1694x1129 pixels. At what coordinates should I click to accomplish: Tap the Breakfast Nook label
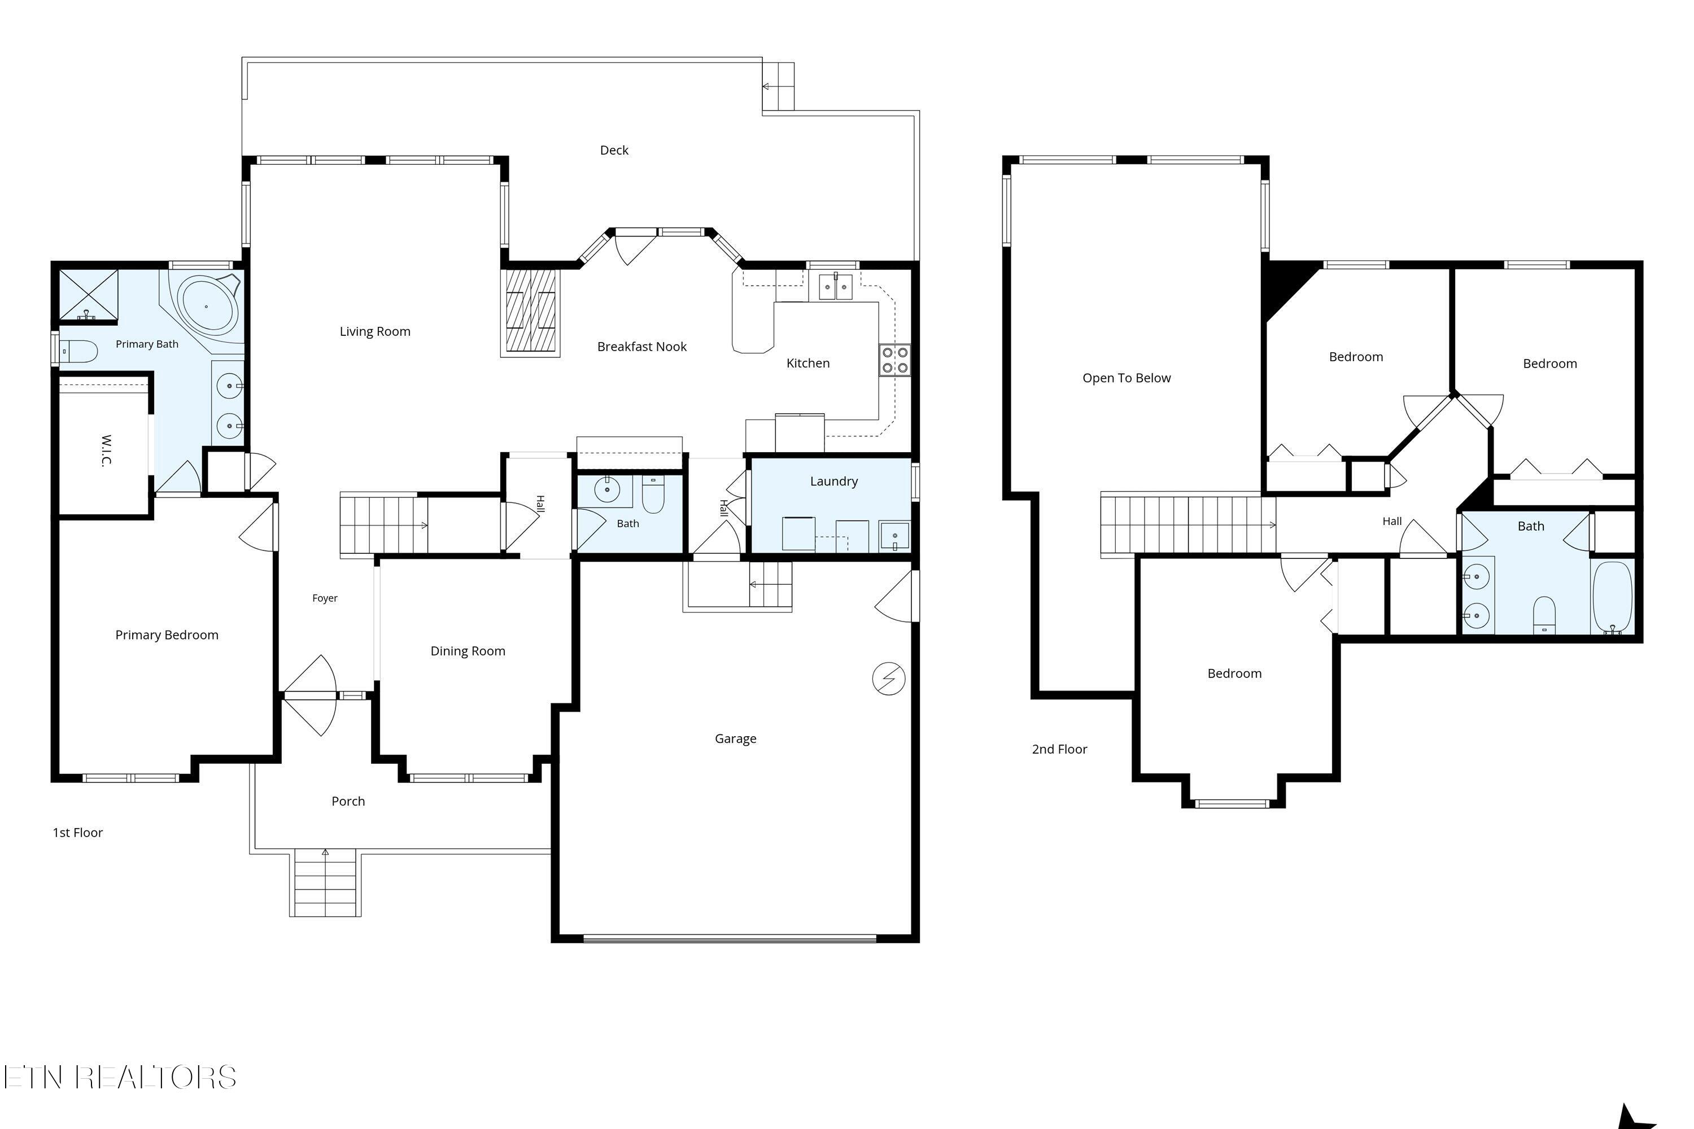pos(641,347)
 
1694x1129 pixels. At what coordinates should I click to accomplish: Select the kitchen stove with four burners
pos(894,360)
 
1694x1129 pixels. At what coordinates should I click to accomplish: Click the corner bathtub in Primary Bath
pos(209,305)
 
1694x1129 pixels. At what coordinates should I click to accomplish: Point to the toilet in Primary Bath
pos(78,351)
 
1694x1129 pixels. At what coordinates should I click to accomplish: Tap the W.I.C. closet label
pos(107,450)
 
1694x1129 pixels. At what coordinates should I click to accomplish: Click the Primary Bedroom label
pos(167,634)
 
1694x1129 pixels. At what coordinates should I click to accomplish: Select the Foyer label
pos(325,598)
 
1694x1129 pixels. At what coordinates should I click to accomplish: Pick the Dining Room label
pos(468,651)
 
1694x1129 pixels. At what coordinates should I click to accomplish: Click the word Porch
pos(348,800)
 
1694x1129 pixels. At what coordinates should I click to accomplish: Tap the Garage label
pos(735,738)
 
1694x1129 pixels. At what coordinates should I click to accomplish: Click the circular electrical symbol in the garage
pos(889,679)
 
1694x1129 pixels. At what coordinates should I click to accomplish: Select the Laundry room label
pos(834,481)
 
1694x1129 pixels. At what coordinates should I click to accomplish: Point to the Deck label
pos(614,150)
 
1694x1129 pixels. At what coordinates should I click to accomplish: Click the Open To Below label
pos(1127,378)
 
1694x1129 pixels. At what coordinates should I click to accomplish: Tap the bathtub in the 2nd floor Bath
pos(1613,597)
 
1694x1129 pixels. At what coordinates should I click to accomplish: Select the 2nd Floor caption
pos(1059,749)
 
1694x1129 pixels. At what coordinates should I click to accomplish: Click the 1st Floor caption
pos(78,832)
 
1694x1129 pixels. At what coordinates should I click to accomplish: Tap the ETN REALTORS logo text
pos(120,1077)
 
